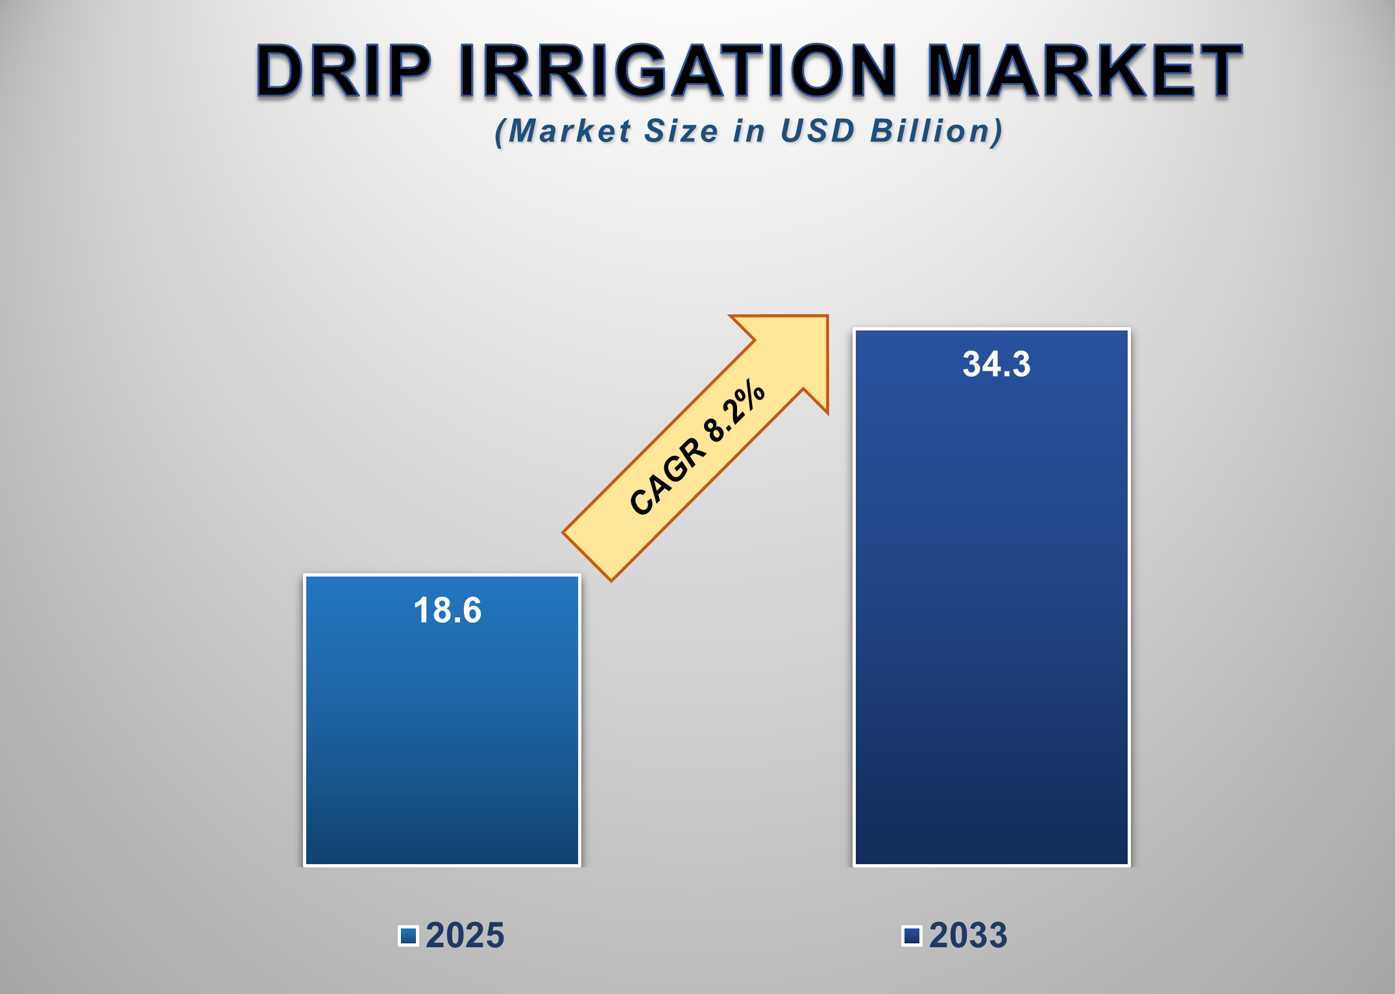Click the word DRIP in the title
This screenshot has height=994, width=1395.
(x=343, y=71)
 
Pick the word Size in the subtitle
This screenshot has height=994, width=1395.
(x=681, y=131)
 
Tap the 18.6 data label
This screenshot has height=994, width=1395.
(x=448, y=611)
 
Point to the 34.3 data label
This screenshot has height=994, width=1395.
(x=996, y=364)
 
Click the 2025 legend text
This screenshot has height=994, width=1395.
(x=465, y=936)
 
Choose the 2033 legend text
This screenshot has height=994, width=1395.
(x=968, y=936)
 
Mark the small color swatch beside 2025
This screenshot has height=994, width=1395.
(x=408, y=936)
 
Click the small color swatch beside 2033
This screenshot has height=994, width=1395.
(x=912, y=936)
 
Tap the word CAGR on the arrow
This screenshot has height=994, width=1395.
(x=667, y=477)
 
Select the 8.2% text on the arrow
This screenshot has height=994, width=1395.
(x=735, y=411)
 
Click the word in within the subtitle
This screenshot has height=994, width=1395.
(x=749, y=131)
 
